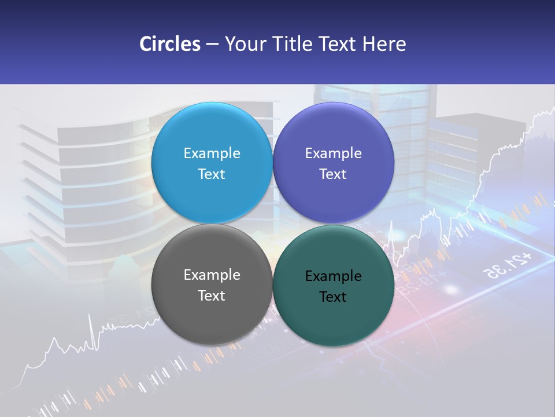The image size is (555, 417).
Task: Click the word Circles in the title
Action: point(170,44)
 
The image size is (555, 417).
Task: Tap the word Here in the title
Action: point(384,44)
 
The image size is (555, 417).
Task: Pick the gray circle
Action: point(212,313)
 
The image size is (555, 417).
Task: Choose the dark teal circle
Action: point(333,316)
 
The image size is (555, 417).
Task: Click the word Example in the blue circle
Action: point(212,153)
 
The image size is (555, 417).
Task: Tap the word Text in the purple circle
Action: point(333,174)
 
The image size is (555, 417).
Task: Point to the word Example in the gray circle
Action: point(212,275)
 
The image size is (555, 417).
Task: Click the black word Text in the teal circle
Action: point(333,297)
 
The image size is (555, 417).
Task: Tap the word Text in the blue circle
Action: point(212,174)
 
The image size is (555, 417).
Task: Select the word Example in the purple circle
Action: point(333,153)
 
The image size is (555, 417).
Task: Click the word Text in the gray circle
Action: point(212,296)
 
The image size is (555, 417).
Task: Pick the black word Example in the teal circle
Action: point(333,276)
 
